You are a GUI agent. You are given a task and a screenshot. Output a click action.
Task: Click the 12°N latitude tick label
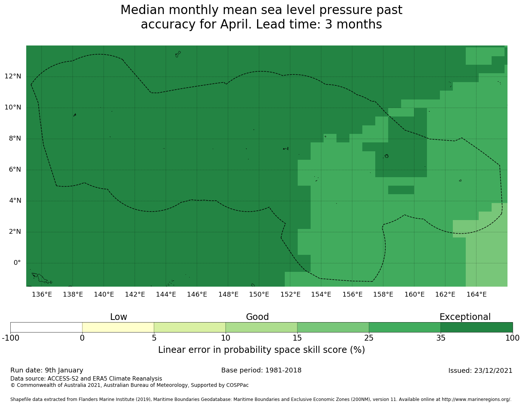click(13, 77)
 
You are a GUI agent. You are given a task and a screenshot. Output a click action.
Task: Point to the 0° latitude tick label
click(17, 263)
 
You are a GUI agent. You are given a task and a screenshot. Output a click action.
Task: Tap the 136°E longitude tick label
click(42, 294)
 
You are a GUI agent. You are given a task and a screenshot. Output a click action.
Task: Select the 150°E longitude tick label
click(259, 294)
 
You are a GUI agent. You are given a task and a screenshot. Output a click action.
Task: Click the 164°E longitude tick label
click(476, 294)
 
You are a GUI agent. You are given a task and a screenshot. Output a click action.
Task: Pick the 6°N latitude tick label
click(14, 170)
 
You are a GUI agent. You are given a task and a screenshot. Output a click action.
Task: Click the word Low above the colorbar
click(119, 317)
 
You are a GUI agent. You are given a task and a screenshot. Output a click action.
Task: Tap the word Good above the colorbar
click(257, 317)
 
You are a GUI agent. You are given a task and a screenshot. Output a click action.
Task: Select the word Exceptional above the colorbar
click(465, 317)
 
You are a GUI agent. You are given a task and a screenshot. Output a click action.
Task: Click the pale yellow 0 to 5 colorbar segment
click(118, 327)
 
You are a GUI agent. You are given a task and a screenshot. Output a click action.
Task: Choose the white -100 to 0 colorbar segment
click(46, 327)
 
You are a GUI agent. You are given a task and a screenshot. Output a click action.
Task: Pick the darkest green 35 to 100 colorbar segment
click(476, 327)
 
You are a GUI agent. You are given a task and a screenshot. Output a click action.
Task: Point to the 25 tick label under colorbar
click(369, 338)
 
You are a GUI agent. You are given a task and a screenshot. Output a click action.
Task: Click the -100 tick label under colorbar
click(10, 338)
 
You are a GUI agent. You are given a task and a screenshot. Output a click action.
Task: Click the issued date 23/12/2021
click(492, 371)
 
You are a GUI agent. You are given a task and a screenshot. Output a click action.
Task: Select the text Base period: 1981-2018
click(261, 370)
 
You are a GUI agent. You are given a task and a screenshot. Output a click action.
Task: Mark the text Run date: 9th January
click(47, 370)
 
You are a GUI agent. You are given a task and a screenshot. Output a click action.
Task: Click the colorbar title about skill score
click(261, 350)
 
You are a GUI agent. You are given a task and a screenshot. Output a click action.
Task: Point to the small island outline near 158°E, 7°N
click(386, 156)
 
